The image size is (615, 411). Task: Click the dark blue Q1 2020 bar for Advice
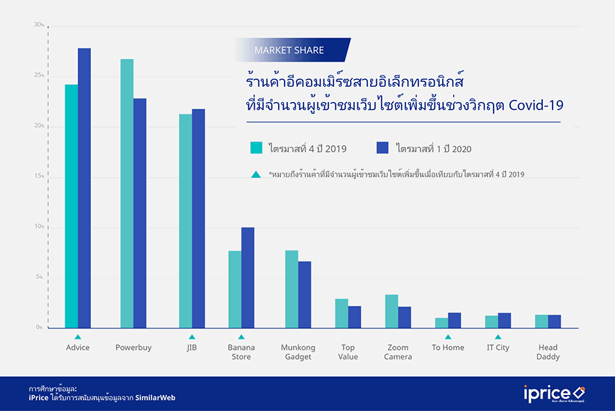84,187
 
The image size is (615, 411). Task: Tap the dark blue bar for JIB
199,218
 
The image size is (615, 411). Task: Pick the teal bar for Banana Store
235,289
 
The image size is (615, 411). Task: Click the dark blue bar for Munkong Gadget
305,294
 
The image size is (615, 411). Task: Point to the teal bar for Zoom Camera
391,311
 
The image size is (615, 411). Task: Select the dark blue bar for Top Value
355,317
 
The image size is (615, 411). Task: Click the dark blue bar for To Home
455,320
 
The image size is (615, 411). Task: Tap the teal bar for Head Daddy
541,321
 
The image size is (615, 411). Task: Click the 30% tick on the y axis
39,25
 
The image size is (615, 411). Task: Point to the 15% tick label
39,176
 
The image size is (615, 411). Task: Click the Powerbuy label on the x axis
133,348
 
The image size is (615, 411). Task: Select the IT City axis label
498,348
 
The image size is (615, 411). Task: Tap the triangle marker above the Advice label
78,337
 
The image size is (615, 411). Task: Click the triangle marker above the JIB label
192,337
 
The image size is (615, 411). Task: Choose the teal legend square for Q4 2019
256,148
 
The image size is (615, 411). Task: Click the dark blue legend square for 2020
382,148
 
